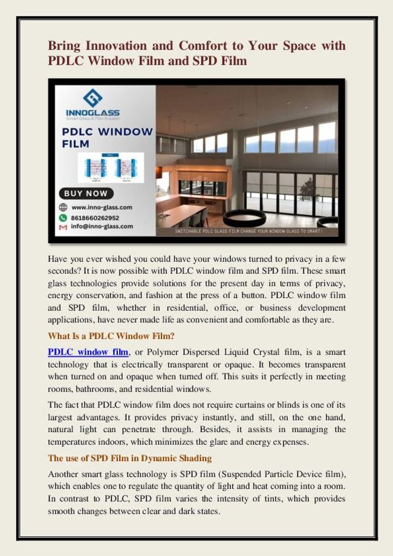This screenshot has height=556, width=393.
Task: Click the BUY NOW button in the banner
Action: point(85,193)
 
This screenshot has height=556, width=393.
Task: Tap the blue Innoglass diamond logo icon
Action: point(93,98)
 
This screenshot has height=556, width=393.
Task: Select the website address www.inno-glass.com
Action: point(102,207)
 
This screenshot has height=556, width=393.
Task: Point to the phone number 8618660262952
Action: point(96,217)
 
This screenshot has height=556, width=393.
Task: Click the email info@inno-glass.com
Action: point(102,227)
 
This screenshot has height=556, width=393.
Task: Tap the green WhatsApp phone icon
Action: point(63,217)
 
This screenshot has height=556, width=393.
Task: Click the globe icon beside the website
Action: point(63,207)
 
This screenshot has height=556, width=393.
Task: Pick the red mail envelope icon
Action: point(63,227)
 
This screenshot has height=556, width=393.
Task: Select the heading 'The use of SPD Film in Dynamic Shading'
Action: point(129,458)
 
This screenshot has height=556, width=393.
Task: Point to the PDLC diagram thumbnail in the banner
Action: point(111,167)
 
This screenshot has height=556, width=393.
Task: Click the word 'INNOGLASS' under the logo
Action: point(93,113)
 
